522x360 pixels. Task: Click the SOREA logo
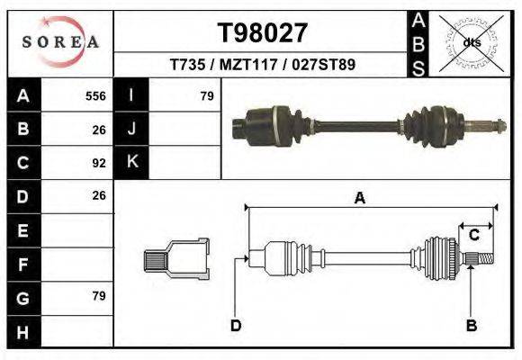coord(60,42)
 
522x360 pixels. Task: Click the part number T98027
coord(263,32)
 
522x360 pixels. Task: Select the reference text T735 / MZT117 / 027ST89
coord(263,66)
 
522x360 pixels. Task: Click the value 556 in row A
coord(95,96)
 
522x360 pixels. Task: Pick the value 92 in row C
coord(99,163)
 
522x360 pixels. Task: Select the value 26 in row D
coord(99,195)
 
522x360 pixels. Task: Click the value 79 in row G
coord(99,296)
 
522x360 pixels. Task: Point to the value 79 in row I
coord(206,96)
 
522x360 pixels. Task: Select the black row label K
coord(131,163)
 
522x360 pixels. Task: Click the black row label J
coord(131,130)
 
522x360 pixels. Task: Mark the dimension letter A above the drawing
coord(359,198)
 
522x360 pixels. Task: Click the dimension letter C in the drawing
coord(473,236)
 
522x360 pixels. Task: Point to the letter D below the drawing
coord(236,325)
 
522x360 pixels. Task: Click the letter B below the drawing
coord(470,325)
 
